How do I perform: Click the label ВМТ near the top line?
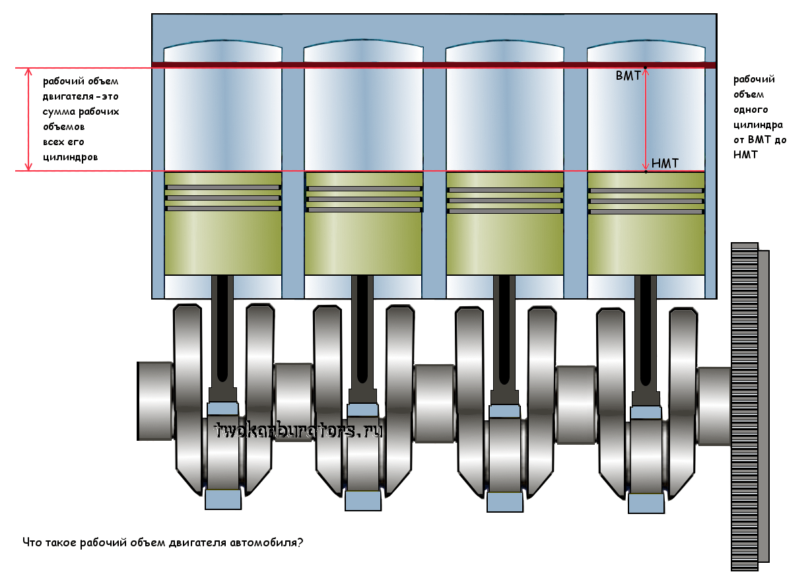[627, 77]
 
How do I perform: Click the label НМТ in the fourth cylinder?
[664, 163]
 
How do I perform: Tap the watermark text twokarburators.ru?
[298, 431]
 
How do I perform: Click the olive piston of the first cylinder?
[223, 244]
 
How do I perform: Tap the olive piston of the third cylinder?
[505, 244]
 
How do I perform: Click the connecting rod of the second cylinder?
[362, 337]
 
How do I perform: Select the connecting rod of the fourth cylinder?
[646, 337]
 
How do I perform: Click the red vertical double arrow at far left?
[28, 119]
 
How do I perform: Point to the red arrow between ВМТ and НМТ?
[646, 119]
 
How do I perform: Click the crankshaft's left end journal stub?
[155, 401]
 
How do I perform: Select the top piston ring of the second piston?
[363, 188]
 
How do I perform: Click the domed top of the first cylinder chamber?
[223, 51]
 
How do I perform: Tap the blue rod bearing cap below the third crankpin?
[505, 503]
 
